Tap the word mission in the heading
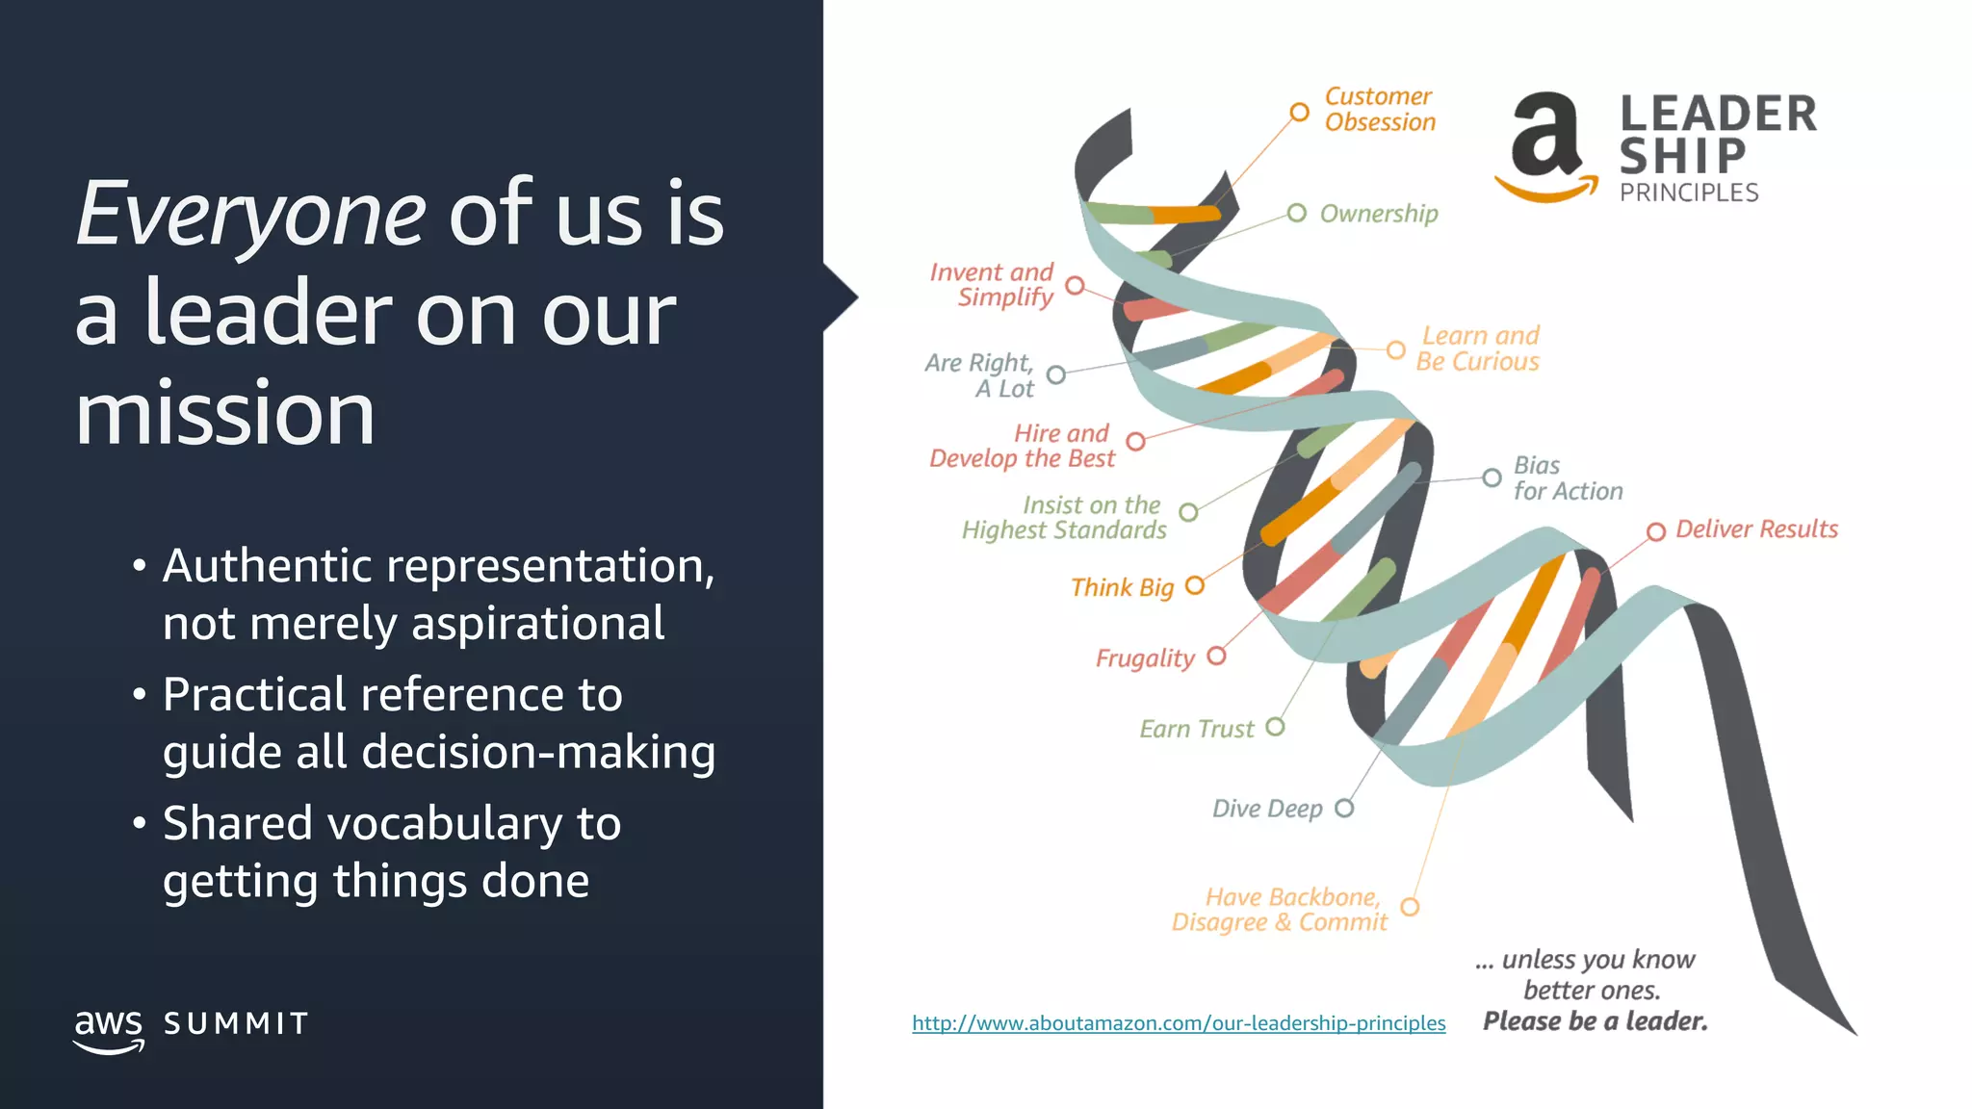[224, 414]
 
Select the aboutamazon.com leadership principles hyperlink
[1178, 1022]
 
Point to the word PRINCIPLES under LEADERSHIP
[1688, 193]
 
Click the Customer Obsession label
[1379, 110]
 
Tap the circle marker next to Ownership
[1297, 213]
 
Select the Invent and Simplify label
[993, 285]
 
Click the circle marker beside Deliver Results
[1655, 531]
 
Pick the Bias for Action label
[1567, 478]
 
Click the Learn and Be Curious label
[1478, 348]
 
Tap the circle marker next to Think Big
[1195, 585]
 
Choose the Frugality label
[1145, 658]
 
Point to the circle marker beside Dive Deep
[1344, 808]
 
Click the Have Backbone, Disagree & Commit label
[1281, 910]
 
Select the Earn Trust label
[1197, 729]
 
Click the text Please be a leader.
[1595, 1021]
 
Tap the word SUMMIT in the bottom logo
[236, 1023]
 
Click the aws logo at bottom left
[109, 1028]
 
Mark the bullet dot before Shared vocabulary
[140, 824]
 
